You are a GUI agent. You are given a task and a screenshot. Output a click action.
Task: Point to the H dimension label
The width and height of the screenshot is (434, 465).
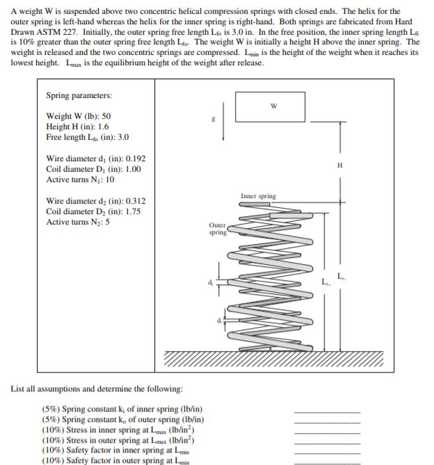coord(339,165)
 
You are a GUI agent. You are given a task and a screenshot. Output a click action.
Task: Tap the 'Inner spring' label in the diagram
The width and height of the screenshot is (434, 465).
coord(258,196)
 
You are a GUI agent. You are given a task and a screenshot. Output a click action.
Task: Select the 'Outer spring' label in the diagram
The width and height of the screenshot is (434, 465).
coord(217,229)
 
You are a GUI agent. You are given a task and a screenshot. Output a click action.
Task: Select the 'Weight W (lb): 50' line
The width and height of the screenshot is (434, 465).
coord(78,116)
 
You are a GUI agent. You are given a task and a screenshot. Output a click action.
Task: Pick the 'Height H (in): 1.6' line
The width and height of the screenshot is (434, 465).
coord(77,127)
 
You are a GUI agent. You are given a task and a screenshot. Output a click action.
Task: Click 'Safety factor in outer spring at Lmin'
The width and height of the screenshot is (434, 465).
coord(117,460)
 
